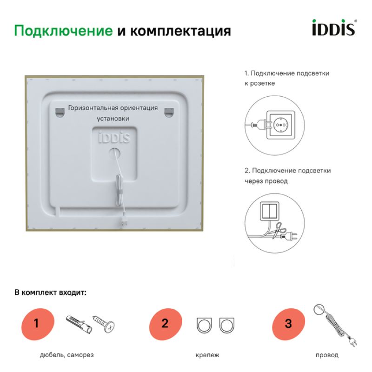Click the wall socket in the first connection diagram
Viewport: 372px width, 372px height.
[x=281, y=123]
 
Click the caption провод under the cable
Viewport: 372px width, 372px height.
[x=327, y=355]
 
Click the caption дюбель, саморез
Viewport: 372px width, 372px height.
[x=66, y=355]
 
